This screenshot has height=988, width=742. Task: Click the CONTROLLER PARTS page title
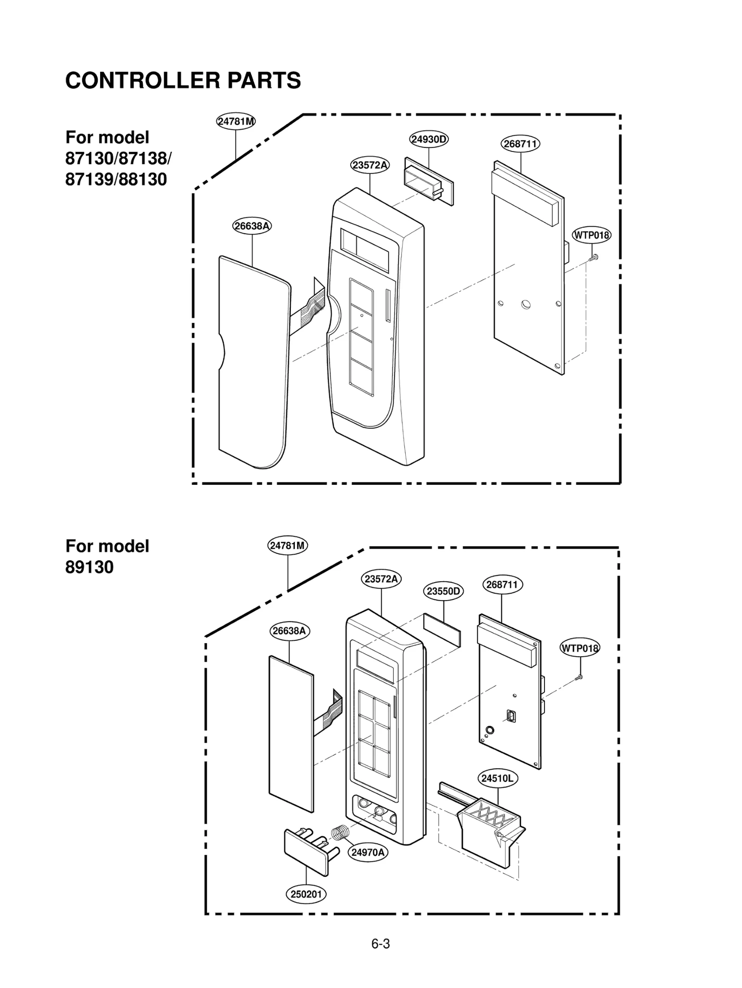[x=183, y=80]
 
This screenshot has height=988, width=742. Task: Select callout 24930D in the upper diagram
[x=429, y=139]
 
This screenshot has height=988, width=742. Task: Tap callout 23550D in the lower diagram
[x=443, y=591]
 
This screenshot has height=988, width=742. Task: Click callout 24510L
[x=497, y=778]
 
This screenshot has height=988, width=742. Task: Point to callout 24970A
[x=368, y=852]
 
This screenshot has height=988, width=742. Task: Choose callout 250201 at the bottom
[x=306, y=894]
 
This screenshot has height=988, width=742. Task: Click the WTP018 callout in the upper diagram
[x=591, y=235]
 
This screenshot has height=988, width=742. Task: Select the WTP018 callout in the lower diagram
[x=580, y=648]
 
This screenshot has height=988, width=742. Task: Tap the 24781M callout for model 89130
[x=288, y=545]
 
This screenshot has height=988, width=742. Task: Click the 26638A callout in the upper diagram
[x=252, y=226]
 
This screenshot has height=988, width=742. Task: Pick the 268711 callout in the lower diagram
[x=502, y=584]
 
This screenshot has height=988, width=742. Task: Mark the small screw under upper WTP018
[x=594, y=258]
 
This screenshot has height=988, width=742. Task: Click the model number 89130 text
[x=90, y=567]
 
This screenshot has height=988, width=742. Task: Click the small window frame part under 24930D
[x=428, y=181]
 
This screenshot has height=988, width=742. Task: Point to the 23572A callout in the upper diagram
[x=370, y=165]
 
